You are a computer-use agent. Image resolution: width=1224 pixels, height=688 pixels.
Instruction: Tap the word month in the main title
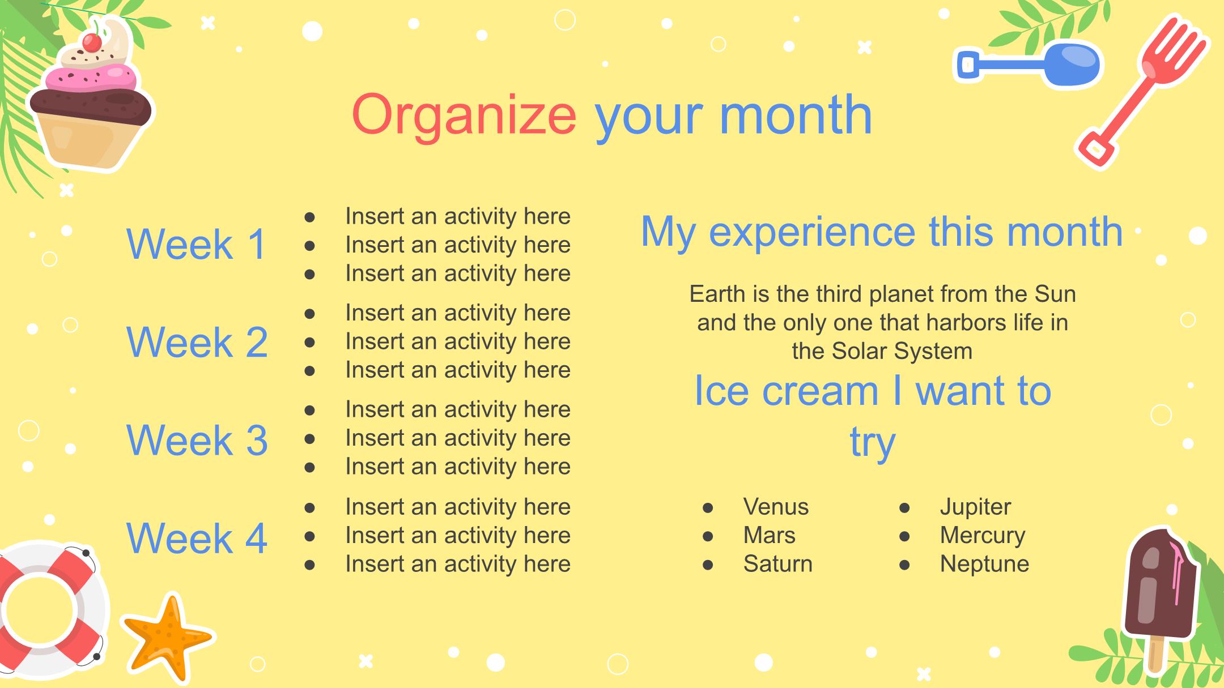[796, 114]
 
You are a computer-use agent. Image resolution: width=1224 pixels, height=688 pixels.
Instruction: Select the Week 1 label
[197, 244]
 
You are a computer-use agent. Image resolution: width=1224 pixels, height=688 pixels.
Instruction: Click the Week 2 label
[197, 342]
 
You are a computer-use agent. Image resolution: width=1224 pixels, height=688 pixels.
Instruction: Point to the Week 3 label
[197, 440]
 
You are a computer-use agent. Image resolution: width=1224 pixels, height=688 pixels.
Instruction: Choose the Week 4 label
[197, 537]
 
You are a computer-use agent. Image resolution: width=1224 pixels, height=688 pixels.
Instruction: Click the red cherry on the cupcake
[92, 42]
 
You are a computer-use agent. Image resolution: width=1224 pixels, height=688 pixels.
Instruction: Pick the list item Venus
[776, 507]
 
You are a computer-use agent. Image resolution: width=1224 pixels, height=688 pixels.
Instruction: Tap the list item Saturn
[777, 564]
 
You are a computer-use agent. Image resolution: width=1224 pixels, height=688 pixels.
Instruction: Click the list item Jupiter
[975, 507]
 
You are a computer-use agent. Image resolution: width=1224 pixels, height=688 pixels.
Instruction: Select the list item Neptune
[984, 565]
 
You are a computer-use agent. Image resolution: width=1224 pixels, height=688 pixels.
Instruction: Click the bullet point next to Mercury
[904, 536]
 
